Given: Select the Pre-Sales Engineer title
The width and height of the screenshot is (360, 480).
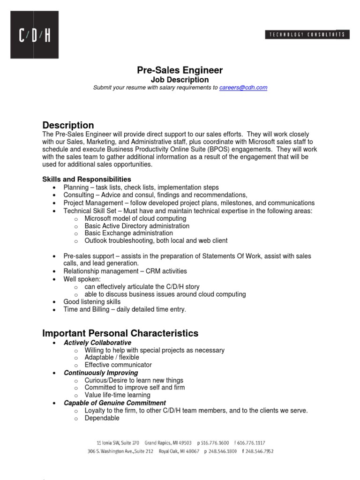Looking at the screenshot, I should (x=180, y=71).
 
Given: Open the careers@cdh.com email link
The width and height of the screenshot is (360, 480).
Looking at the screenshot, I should (x=243, y=88).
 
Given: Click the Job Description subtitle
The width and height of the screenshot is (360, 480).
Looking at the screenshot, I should (x=180, y=80).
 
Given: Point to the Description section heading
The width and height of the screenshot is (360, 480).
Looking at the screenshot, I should (x=68, y=125).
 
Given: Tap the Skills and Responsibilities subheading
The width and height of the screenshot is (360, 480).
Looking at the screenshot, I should (x=87, y=180).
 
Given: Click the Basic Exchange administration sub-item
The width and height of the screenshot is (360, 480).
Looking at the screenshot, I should (x=128, y=233).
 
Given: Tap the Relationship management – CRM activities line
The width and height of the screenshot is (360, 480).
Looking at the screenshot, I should (x=125, y=271).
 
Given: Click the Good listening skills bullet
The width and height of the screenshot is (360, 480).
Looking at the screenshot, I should (x=92, y=302).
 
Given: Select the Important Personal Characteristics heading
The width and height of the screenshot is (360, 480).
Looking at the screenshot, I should (x=120, y=333).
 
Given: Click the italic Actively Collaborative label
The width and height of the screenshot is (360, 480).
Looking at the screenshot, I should (x=97, y=343).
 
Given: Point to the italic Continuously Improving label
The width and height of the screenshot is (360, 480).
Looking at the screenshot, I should (x=101, y=373).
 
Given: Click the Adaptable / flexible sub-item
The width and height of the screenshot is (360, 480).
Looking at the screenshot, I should (x=112, y=357).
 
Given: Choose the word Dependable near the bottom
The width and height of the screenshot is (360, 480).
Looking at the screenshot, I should (x=102, y=418).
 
